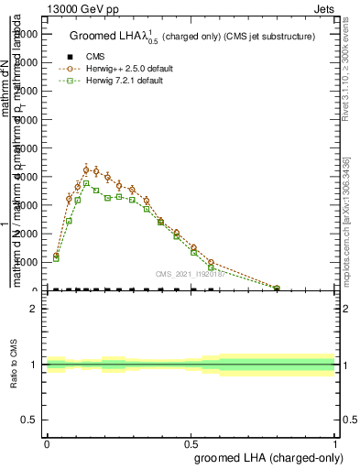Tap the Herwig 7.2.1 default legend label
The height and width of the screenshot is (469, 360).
pyautogui.click(x=124, y=81)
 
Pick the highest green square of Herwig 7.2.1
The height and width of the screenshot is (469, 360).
pyautogui.click(x=86, y=183)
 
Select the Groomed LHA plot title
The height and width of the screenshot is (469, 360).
pyautogui.click(x=191, y=37)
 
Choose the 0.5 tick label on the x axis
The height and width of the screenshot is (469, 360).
pyautogui.click(x=191, y=443)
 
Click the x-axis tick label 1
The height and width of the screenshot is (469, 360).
pyautogui.click(x=335, y=443)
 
